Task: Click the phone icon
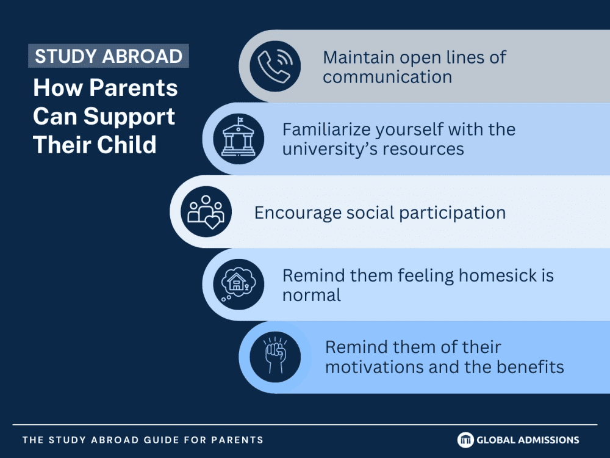275,66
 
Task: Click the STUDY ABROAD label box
109,56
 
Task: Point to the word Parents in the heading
134,87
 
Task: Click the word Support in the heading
129,117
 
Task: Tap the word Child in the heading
126,145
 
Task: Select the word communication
387,77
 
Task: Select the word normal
312,295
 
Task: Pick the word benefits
530,367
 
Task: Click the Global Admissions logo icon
465,440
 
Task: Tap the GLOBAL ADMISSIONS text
528,440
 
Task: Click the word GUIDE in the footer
157,440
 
